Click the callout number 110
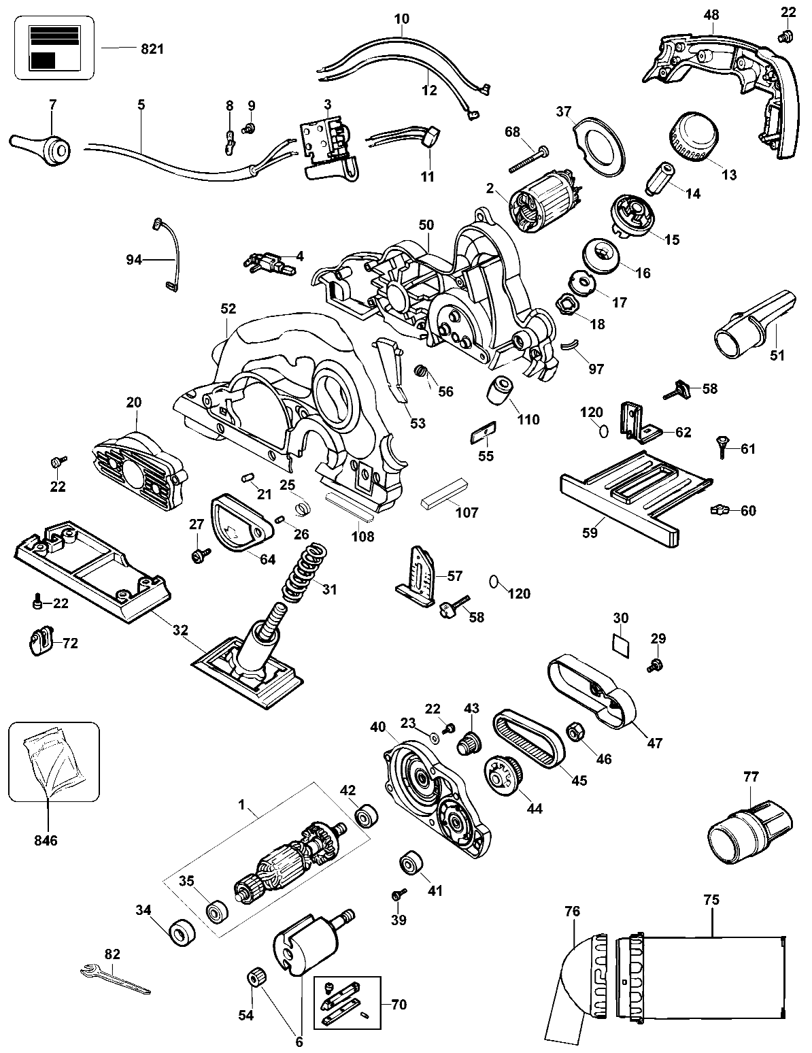pos(528,420)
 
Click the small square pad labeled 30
pos(621,643)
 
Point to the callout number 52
pos(228,308)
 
